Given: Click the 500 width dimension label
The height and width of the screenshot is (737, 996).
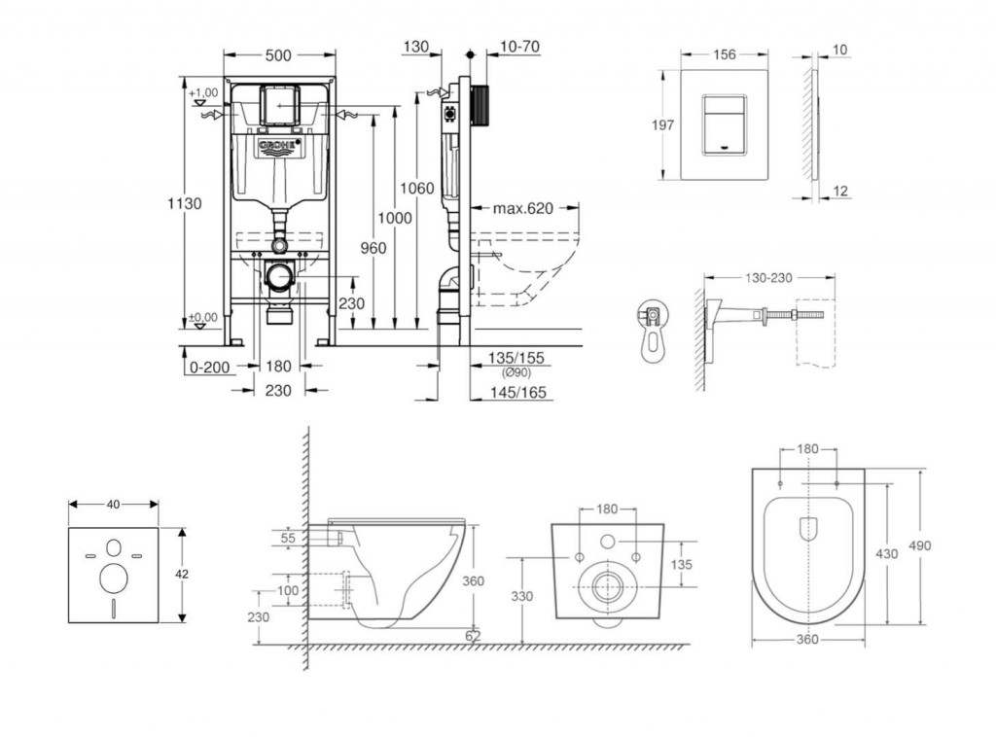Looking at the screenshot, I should pos(277,55).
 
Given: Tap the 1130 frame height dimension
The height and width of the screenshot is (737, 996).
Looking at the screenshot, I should pos(184,204).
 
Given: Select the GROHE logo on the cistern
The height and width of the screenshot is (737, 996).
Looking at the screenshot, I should pos(279,146).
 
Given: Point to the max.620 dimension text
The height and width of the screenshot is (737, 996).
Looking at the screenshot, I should pos(521,208).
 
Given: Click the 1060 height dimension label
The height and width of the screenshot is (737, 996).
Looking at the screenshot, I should pos(419,188).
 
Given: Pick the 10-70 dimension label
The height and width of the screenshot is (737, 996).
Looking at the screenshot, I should pos(519,47).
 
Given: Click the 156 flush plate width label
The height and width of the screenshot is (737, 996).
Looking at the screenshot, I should pos(724,55).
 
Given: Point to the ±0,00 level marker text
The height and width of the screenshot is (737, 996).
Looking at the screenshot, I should pos(202,317).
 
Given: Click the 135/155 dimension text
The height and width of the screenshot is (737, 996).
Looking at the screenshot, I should pos(517,359).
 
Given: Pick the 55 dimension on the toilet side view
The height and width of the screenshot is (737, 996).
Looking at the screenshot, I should pos(287,538).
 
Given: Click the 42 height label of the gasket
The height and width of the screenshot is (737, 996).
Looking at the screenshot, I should pos(182,575).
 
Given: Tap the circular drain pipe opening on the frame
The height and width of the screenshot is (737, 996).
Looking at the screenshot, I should pos(279,276).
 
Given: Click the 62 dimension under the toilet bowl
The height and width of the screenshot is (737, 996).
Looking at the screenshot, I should pos(473,636).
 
